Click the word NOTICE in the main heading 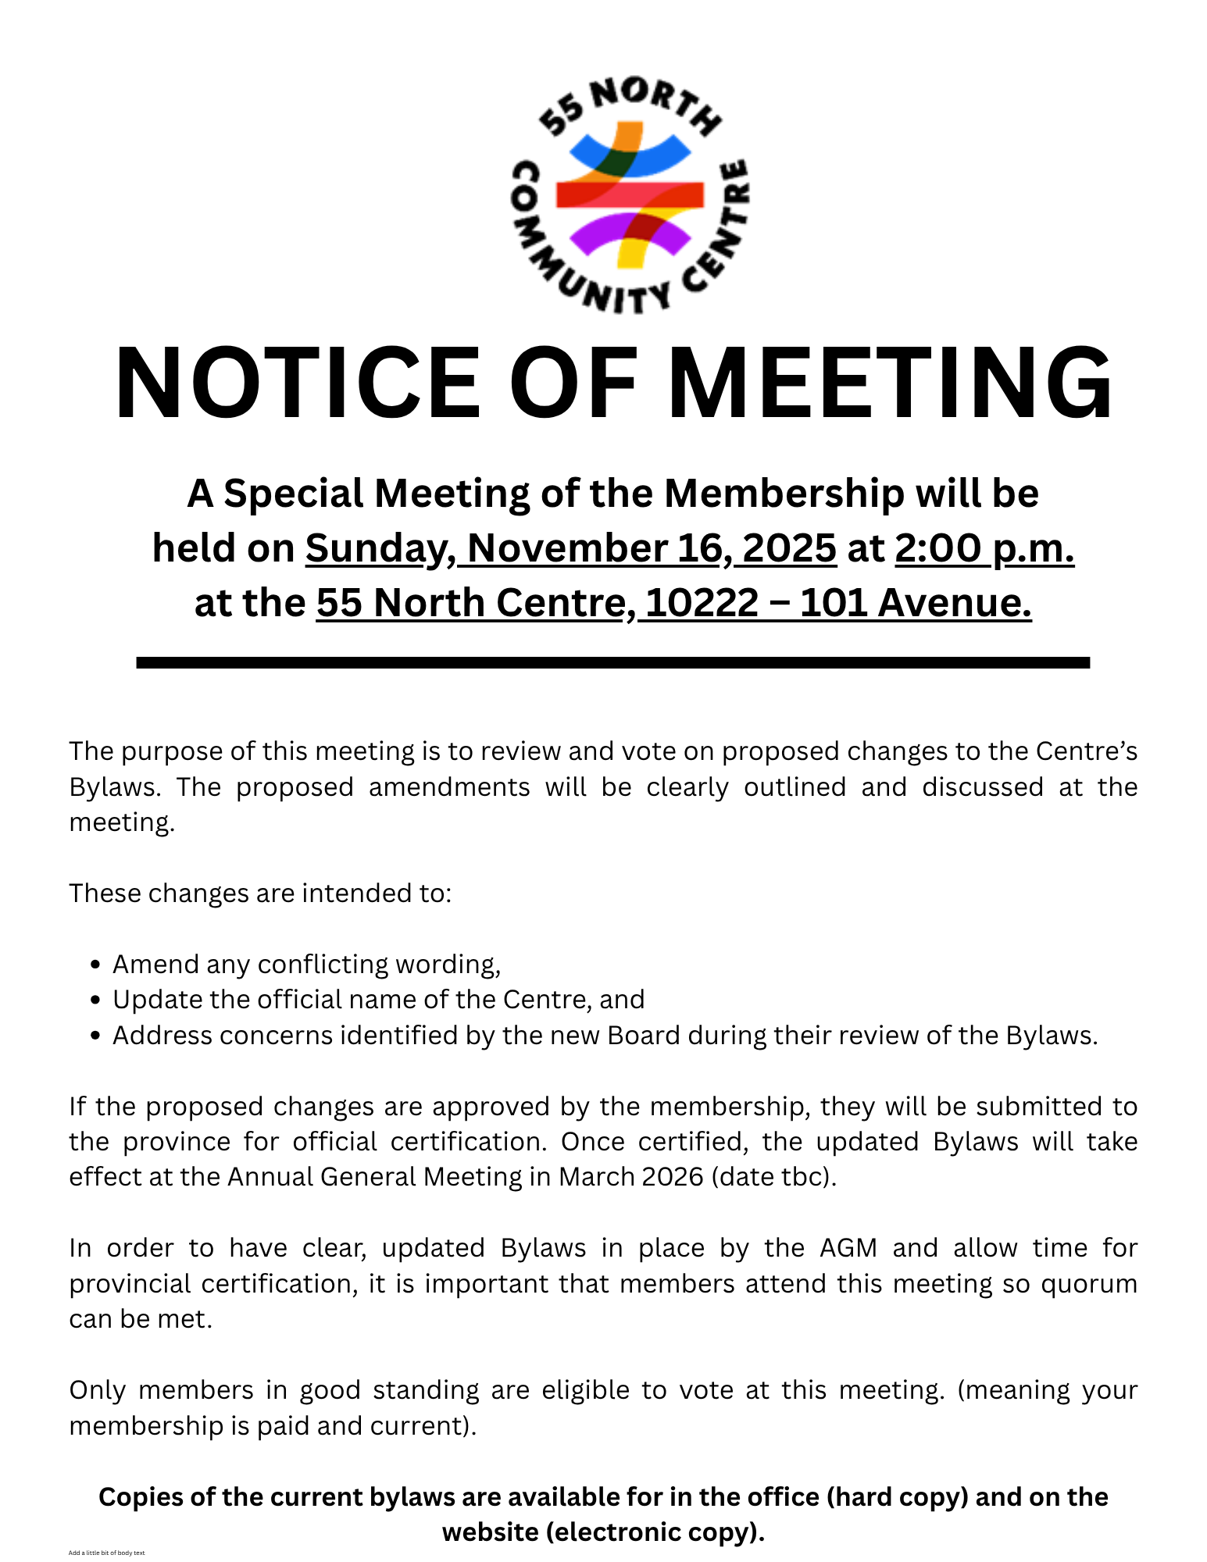click(x=297, y=384)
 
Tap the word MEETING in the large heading click(x=891, y=384)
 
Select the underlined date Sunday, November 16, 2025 click(x=570, y=548)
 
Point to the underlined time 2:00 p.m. click(x=984, y=548)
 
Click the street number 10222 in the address click(x=702, y=603)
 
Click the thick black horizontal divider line click(x=612, y=662)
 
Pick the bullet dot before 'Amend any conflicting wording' click(x=95, y=965)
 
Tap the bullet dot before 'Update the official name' click(x=95, y=1000)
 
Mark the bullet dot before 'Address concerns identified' click(x=95, y=1036)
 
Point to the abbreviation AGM click(x=848, y=1248)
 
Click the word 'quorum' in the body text click(x=1089, y=1284)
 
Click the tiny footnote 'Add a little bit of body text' click(x=106, y=1553)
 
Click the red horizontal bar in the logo click(x=630, y=194)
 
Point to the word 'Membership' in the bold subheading click(x=784, y=494)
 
